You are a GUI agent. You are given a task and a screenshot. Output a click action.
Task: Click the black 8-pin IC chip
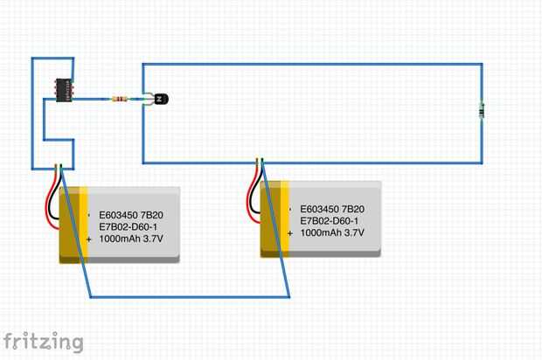[65, 89]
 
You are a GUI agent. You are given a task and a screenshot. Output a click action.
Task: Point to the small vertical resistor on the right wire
[482, 110]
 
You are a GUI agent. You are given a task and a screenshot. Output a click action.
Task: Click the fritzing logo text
[43, 341]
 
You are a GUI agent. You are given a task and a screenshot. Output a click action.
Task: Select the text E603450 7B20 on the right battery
[332, 210]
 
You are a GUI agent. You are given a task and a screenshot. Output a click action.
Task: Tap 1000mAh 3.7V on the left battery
[131, 238]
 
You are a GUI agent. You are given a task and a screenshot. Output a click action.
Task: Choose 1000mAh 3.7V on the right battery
[332, 232]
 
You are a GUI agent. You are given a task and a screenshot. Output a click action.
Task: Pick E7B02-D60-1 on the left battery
[129, 226]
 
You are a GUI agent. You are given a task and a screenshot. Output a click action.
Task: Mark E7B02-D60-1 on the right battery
[330, 221]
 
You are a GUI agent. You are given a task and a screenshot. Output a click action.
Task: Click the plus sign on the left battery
[89, 238]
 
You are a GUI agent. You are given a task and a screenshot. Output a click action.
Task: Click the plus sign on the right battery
[290, 232]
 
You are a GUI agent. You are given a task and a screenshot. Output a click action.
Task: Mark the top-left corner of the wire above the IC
[33, 59]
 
